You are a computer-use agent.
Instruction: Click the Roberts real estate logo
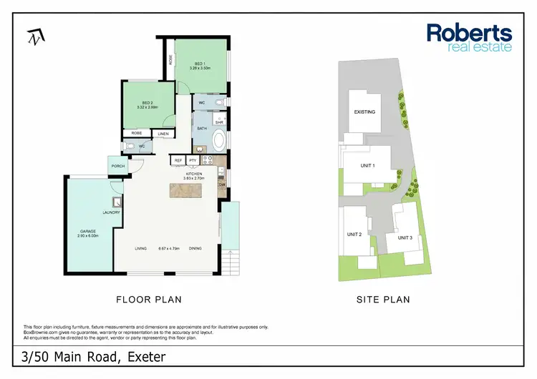[x=469, y=37]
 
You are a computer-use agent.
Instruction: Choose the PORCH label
[x=117, y=166]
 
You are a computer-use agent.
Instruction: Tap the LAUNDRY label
[x=111, y=212]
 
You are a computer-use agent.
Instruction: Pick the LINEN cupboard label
[x=163, y=134]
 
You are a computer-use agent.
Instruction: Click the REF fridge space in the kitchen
[x=178, y=161]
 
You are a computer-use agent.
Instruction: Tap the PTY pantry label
[x=193, y=161]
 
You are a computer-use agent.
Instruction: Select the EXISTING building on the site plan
[x=364, y=112]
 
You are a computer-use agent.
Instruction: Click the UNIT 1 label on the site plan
[x=368, y=165]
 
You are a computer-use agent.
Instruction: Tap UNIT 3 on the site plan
[x=405, y=237]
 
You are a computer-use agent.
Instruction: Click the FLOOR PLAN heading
[x=148, y=300]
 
